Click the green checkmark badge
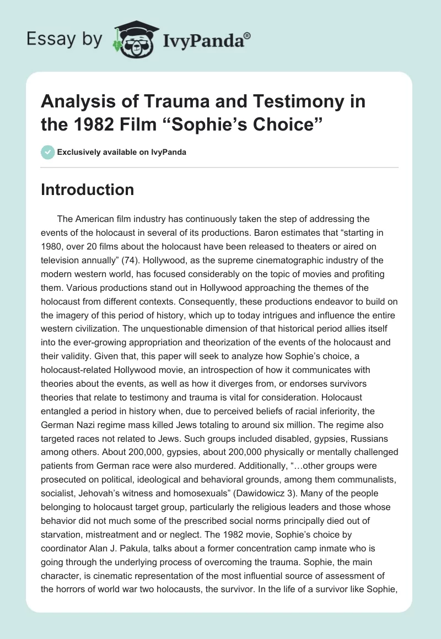click(47, 152)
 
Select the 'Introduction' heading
click(88, 189)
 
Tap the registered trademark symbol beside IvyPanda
click(248, 35)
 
